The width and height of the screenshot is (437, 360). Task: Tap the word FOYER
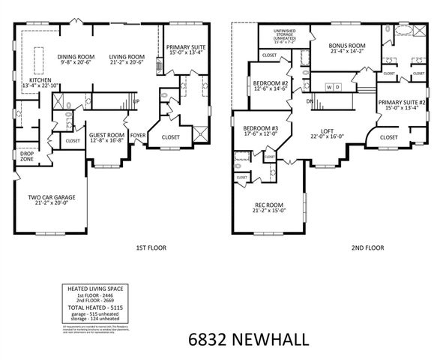(x=139, y=136)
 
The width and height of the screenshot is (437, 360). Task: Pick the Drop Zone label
(x=27, y=157)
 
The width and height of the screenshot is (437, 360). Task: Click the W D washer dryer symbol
(x=334, y=87)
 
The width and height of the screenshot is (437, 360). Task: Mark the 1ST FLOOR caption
(x=151, y=247)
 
